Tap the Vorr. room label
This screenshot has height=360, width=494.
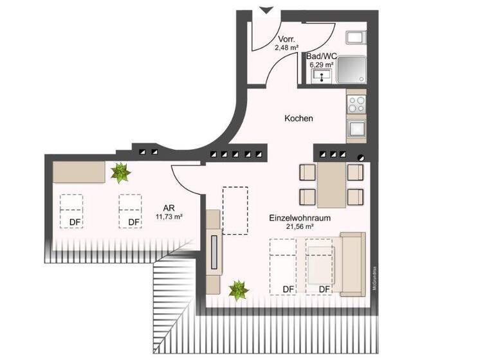pyautogui.click(x=286, y=39)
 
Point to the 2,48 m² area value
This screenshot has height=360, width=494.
pyautogui.click(x=286, y=47)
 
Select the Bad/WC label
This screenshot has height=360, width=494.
pyautogui.click(x=322, y=57)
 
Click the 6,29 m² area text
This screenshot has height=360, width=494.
pyautogui.click(x=322, y=65)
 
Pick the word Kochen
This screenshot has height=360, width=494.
pyautogui.click(x=298, y=119)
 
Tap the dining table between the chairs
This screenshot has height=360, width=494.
pyautogui.click(x=332, y=184)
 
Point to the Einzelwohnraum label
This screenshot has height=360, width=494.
pyautogui.click(x=299, y=219)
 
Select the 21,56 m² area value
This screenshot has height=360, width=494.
pyautogui.click(x=299, y=227)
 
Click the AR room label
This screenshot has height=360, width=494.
pyautogui.click(x=169, y=208)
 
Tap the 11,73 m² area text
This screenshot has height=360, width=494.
pyautogui.click(x=169, y=217)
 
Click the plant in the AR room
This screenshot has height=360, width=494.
pyautogui.click(x=120, y=172)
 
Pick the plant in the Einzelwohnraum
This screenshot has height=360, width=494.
pyautogui.click(x=239, y=291)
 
